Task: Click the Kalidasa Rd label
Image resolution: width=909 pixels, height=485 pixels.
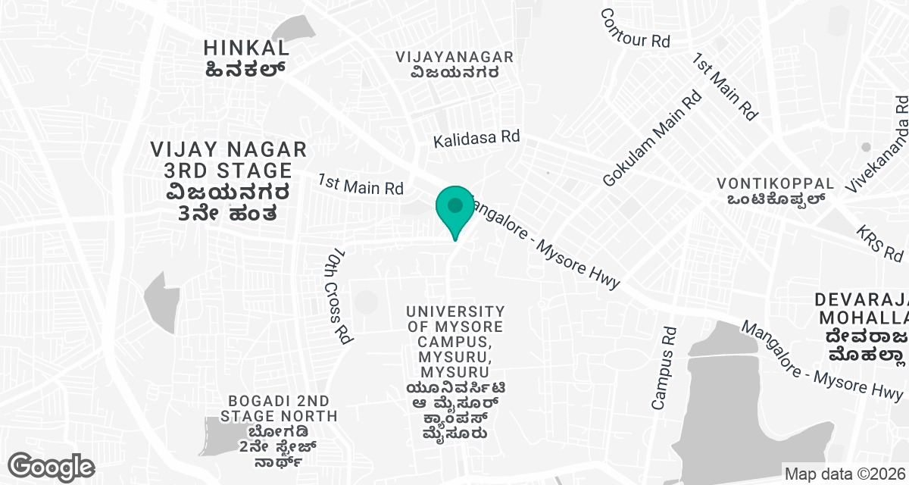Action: point(476,139)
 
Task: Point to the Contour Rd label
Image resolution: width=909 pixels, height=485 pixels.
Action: point(636,29)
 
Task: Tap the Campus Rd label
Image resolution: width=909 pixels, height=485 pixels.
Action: point(664,368)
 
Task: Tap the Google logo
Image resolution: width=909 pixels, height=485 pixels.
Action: point(51,465)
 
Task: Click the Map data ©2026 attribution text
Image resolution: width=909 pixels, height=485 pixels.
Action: point(845,474)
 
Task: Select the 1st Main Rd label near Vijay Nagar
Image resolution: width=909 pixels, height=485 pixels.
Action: point(361,184)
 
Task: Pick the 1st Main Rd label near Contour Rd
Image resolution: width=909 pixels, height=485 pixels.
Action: point(726,86)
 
